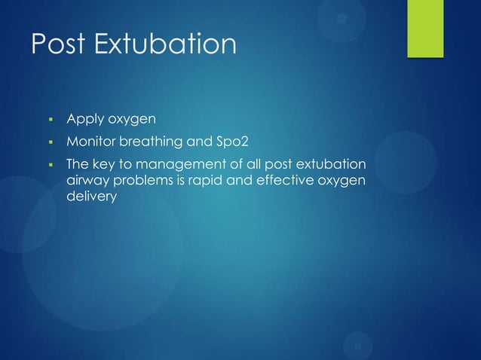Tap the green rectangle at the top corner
pyautogui.click(x=425, y=28)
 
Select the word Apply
pyautogui.click(x=84, y=119)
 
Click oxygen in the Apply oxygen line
pyautogui.click(x=133, y=120)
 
